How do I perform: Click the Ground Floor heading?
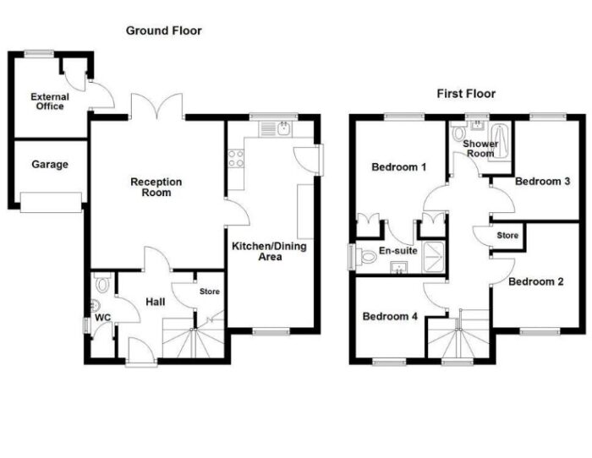(x=164, y=30)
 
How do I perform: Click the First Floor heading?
(x=466, y=94)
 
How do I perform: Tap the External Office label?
(x=50, y=101)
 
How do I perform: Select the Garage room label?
(x=50, y=165)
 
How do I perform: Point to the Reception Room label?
(x=156, y=187)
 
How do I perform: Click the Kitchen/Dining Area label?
(x=269, y=252)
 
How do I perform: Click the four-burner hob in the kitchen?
(x=236, y=159)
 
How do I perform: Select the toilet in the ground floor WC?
(x=102, y=282)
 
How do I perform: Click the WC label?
(x=102, y=318)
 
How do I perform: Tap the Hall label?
(x=156, y=302)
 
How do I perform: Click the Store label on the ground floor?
(x=210, y=292)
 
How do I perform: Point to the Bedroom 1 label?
(x=399, y=166)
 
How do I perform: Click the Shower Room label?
(x=480, y=149)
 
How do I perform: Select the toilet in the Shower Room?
(x=458, y=132)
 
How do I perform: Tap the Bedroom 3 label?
(x=543, y=181)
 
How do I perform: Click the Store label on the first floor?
(x=507, y=236)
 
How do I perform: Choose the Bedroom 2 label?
(x=536, y=281)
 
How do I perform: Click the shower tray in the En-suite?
(x=434, y=257)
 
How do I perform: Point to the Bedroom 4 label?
(x=390, y=316)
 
